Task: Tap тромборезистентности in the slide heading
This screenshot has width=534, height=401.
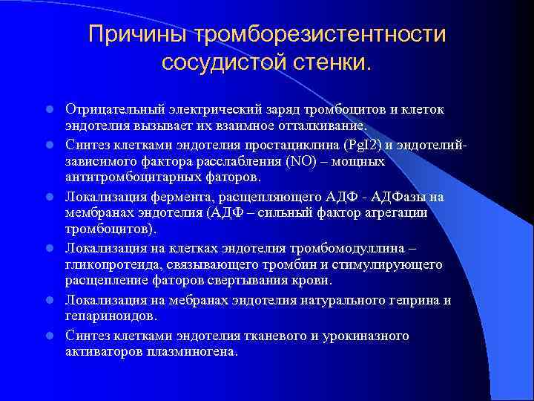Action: coord(320,35)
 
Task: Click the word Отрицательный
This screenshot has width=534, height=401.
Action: coord(110,110)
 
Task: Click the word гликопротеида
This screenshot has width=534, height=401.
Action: coord(102,264)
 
